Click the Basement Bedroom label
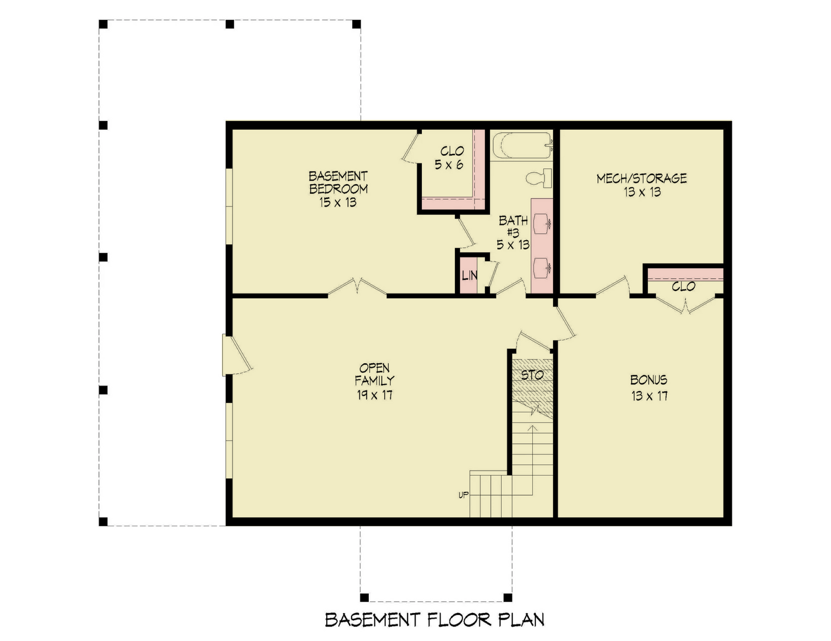coord(338,183)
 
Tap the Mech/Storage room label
coord(641,179)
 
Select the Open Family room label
coord(374,374)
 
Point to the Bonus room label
coord(649,380)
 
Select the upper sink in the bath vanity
coord(541,223)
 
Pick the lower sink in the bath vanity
coord(541,267)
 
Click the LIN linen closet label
coord(469,276)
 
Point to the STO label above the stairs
coord(532,375)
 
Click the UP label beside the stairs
coord(463,495)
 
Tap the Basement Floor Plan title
coord(434,619)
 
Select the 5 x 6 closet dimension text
coord(449,165)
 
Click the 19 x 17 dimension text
coord(374,395)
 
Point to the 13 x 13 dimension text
coord(642,192)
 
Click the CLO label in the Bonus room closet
coord(683,287)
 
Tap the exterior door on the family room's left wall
coord(235,354)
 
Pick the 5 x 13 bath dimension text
coord(513,245)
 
